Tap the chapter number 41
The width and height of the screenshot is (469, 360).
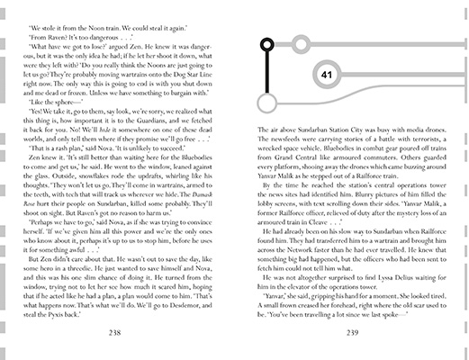pos(326,75)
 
